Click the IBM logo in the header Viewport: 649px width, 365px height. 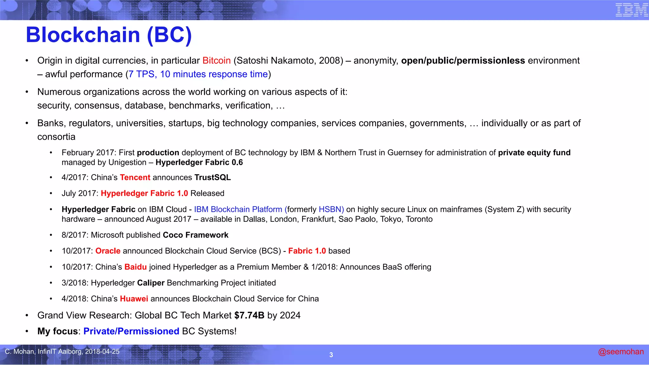(631, 10)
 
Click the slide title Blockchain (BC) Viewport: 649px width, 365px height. (109, 35)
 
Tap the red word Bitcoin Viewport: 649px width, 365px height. (216, 61)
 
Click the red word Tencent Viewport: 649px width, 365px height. (135, 177)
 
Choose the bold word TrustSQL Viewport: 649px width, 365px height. (213, 177)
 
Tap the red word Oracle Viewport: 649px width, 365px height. (108, 251)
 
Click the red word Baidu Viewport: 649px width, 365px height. (135, 267)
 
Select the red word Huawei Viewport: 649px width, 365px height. (134, 299)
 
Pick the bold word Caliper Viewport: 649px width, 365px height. (151, 283)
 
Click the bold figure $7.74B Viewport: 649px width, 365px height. (249, 316)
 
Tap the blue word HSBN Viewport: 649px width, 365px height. (331, 209)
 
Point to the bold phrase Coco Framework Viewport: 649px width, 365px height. (196, 235)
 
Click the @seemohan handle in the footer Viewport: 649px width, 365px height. (621, 352)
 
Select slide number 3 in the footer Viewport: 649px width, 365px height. (331, 355)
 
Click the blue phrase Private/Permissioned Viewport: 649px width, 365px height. (131, 331)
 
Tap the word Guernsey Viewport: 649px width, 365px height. (405, 153)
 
